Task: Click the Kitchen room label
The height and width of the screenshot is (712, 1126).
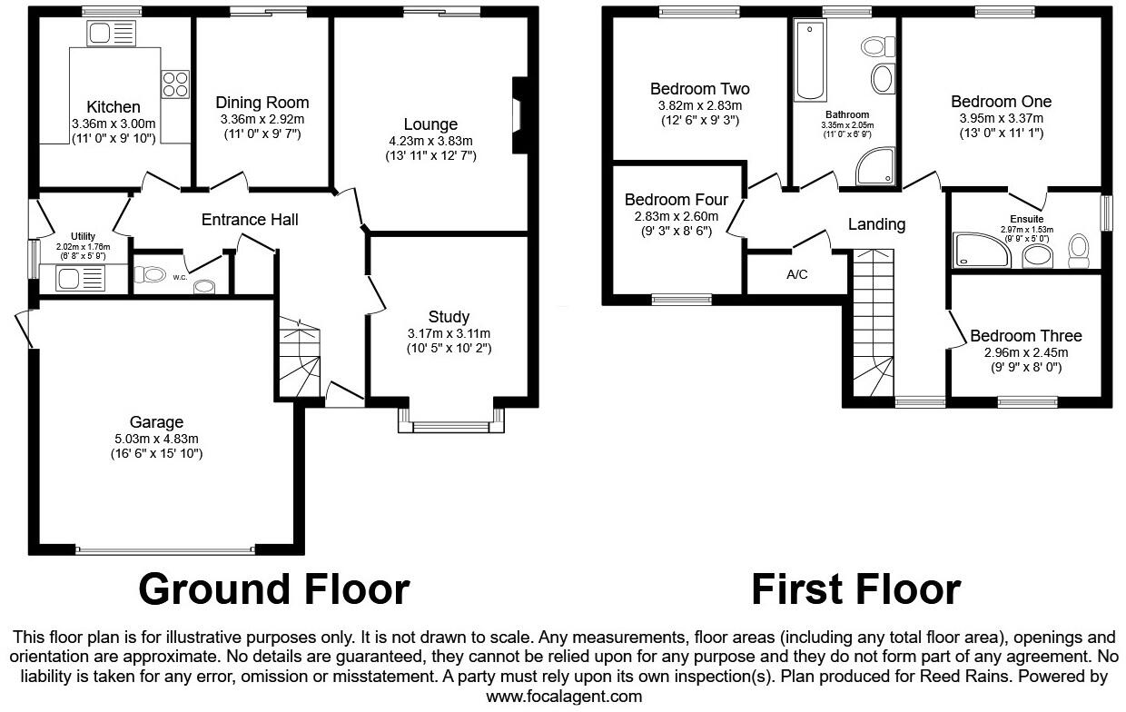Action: [x=114, y=107]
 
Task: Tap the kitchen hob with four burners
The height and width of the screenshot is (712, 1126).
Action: [x=174, y=84]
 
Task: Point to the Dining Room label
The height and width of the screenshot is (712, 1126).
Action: [x=262, y=103]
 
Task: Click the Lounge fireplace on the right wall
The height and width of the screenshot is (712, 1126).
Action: [x=520, y=116]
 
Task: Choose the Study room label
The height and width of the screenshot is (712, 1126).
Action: [x=449, y=317]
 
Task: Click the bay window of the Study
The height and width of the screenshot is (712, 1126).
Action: [x=450, y=421]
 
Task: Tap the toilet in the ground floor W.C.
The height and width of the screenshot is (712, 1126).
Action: [x=148, y=273]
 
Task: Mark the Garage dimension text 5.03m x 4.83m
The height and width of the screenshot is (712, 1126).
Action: [x=156, y=438]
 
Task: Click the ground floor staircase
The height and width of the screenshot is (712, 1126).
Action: [x=299, y=358]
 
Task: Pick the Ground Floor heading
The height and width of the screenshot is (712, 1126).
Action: [x=274, y=588]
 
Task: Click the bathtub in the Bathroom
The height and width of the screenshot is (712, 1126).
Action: [x=811, y=62]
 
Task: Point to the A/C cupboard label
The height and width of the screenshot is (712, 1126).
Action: [x=798, y=273]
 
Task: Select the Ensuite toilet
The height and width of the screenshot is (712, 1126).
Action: [x=1079, y=250]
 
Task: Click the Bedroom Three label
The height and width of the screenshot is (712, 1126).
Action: [x=1025, y=336]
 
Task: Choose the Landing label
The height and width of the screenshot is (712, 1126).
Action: [x=877, y=223]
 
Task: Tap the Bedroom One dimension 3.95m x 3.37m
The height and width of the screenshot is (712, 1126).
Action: [x=1001, y=118]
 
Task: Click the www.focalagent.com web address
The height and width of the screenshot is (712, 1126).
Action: [x=564, y=697]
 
